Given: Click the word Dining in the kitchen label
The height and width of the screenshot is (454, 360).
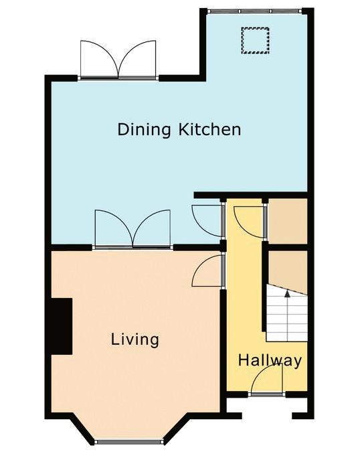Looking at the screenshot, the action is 144,129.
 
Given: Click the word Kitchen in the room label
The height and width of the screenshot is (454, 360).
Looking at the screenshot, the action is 209,129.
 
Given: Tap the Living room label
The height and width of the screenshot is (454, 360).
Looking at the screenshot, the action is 135,339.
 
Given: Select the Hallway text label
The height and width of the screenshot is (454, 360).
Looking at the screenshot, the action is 270,361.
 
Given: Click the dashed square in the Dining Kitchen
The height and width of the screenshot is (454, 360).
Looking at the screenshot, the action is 255,40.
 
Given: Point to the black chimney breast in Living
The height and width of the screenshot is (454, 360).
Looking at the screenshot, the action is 62,326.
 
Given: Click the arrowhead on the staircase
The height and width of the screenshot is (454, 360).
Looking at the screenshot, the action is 287,294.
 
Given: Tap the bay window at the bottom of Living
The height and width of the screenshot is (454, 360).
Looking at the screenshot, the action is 129,442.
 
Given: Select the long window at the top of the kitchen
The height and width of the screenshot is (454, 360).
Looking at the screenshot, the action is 255,11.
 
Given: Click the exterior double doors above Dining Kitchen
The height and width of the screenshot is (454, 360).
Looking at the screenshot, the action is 118,60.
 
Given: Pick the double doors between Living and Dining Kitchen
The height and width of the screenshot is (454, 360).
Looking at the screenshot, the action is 132,229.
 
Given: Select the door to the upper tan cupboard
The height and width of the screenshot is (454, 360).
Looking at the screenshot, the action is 250,222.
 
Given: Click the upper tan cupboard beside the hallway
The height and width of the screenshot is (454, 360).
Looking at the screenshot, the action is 287,221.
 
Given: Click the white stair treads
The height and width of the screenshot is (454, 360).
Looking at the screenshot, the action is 286,314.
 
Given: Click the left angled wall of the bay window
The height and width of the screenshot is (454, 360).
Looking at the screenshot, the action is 82,429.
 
